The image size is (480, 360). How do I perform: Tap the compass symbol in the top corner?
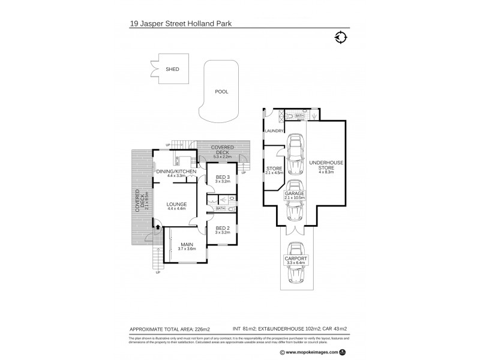341,37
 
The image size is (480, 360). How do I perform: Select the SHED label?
172,70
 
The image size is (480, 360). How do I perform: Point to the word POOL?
222,92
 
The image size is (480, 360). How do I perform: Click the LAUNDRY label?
275,130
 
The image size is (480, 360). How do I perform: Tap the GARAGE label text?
295,193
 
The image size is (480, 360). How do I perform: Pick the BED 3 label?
221,176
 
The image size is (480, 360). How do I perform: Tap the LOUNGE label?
176,204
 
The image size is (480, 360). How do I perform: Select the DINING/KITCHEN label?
176,172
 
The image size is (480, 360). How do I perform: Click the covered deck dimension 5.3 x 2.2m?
222,156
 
